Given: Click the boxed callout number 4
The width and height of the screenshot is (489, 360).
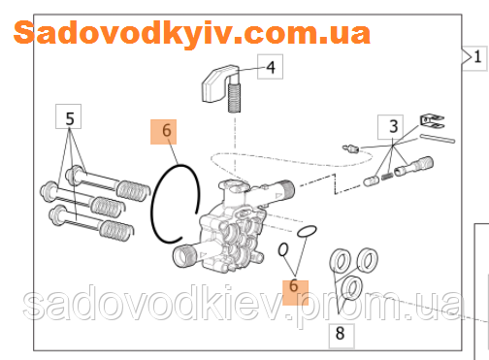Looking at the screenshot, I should (x=271, y=68).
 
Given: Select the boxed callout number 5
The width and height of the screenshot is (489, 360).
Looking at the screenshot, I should (x=69, y=120).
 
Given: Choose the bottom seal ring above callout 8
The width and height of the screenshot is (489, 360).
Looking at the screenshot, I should (x=351, y=286).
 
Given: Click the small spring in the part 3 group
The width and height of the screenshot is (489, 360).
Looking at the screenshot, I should (x=388, y=176).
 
